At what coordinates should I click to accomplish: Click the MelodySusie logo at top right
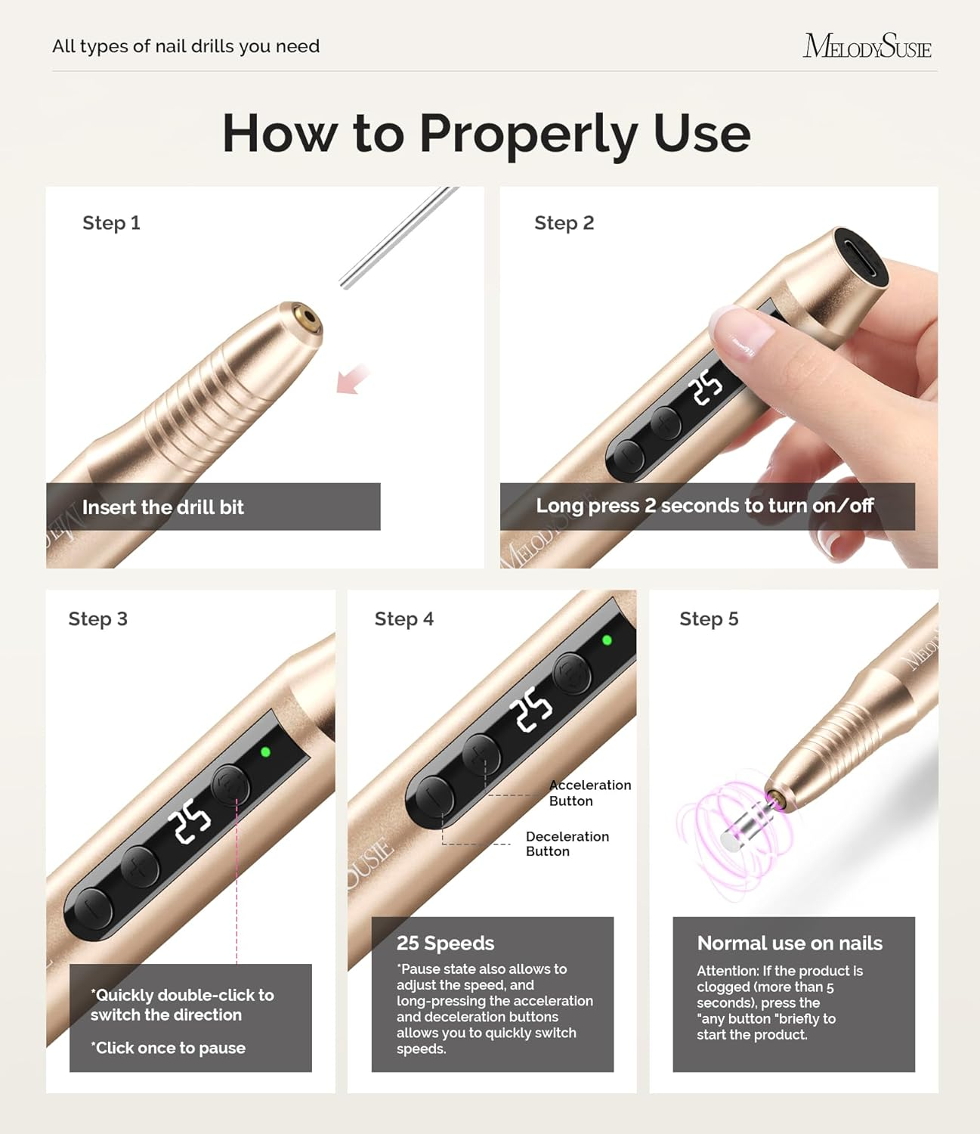click(x=867, y=46)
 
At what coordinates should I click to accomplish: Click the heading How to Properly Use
click(x=486, y=134)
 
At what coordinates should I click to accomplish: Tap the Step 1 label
click(x=111, y=223)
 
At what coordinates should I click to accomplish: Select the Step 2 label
click(x=564, y=223)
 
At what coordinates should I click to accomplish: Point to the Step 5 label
click(x=708, y=619)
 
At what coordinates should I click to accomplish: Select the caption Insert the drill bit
click(x=162, y=507)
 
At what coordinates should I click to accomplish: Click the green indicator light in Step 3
click(x=265, y=752)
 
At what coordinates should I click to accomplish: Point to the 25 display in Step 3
click(x=189, y=822)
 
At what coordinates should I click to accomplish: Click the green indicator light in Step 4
click(x=606, y=640)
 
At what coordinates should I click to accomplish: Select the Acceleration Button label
click(x=589, y=793)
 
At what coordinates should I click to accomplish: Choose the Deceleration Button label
click(x=567, y=844)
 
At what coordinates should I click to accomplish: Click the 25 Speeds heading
click(x=445, y=943)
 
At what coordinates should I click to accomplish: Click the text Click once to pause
click(x=168, y=1048)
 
